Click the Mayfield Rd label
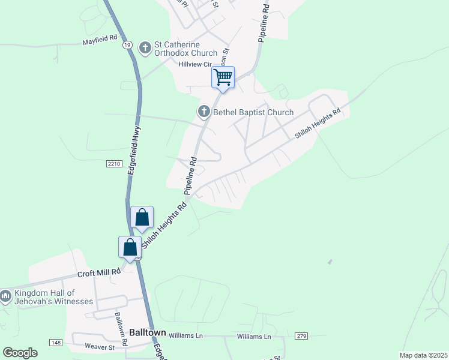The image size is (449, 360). click(x=100, y=43)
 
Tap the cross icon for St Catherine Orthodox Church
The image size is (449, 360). click(x=145, y=47)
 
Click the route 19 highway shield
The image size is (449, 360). click(x=127, y=45)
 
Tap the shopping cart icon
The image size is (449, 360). click(x=223, y=77)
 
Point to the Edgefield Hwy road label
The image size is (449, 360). click(x=134, y=152)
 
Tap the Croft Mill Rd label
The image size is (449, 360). click(x=99, y=272)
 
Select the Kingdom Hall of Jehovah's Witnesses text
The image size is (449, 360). click(x=54, y=296)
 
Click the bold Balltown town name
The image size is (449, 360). click(x=145, y=331)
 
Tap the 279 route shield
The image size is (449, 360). click(x=301, y=336)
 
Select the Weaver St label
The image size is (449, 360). click(x=100, y=347)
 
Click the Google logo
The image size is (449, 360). click(x=20, y=353)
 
